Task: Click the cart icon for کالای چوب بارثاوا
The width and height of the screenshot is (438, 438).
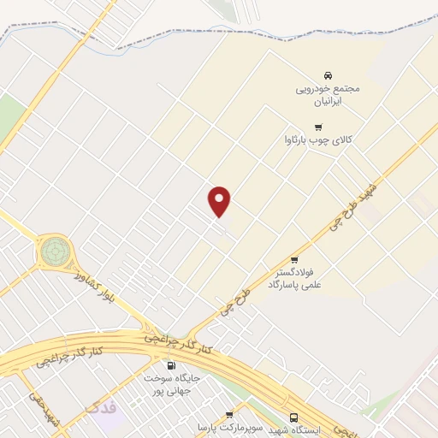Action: click(x=318, y=127)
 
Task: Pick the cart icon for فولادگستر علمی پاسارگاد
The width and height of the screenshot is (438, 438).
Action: click(x=294, y=259)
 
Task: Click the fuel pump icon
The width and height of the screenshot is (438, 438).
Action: click(x=171, y=365)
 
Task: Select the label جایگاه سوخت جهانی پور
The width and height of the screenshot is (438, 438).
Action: click(x=171, y=383)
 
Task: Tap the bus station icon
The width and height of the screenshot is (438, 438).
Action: click(x=294, y=417)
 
